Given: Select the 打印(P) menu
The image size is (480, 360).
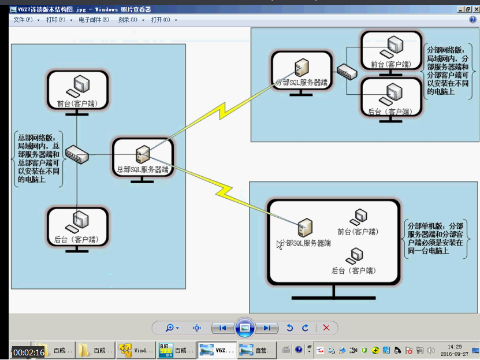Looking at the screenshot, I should tap(56, 20).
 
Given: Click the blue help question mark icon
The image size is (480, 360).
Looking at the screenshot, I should tap(472, 20).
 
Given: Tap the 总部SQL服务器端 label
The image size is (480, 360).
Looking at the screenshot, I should tap(142, 170).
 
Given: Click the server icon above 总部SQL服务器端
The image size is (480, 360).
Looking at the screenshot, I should tap(142, 154).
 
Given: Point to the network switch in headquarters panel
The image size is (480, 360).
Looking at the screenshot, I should tap(76, 154).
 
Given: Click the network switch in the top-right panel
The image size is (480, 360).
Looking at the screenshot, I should tap(347, 71).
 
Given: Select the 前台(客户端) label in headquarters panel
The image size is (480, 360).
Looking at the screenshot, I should tap(77, 104).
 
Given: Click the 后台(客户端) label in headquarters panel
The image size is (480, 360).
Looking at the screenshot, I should tap(76, 239).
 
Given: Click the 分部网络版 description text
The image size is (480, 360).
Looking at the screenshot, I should tap(451, 70).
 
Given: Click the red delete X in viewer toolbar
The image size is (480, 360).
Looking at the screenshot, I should tap(326, 328).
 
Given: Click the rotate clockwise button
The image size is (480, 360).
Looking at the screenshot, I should tap(305, 328).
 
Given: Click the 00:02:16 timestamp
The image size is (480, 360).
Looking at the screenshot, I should tap(29, 352).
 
